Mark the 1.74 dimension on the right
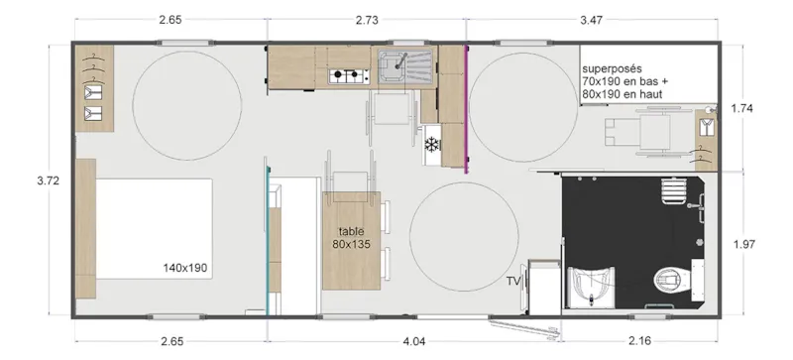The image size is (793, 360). (x=743, y=109)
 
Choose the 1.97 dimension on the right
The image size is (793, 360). (x=743, y=243)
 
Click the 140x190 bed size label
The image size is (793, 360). (x=186, y=268)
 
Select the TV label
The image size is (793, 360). (x=513, y=282)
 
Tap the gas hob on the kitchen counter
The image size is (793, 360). (x=349, y=73)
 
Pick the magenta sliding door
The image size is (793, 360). (x=466, y=109)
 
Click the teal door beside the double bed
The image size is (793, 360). (x=267, y=238)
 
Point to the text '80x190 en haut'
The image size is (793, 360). (x=622, y=94)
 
